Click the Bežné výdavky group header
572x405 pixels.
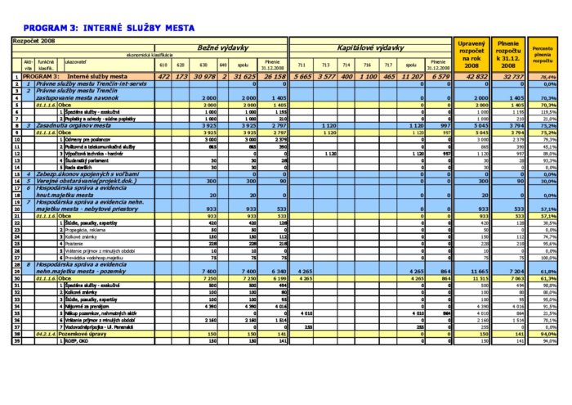220,48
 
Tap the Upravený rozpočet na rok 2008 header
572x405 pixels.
471,55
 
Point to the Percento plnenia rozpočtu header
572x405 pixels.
543,55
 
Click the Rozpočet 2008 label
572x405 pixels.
33,38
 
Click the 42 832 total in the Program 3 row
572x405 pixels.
472,76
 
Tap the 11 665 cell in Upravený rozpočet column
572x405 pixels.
472,271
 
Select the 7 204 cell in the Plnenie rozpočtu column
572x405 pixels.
507,271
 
